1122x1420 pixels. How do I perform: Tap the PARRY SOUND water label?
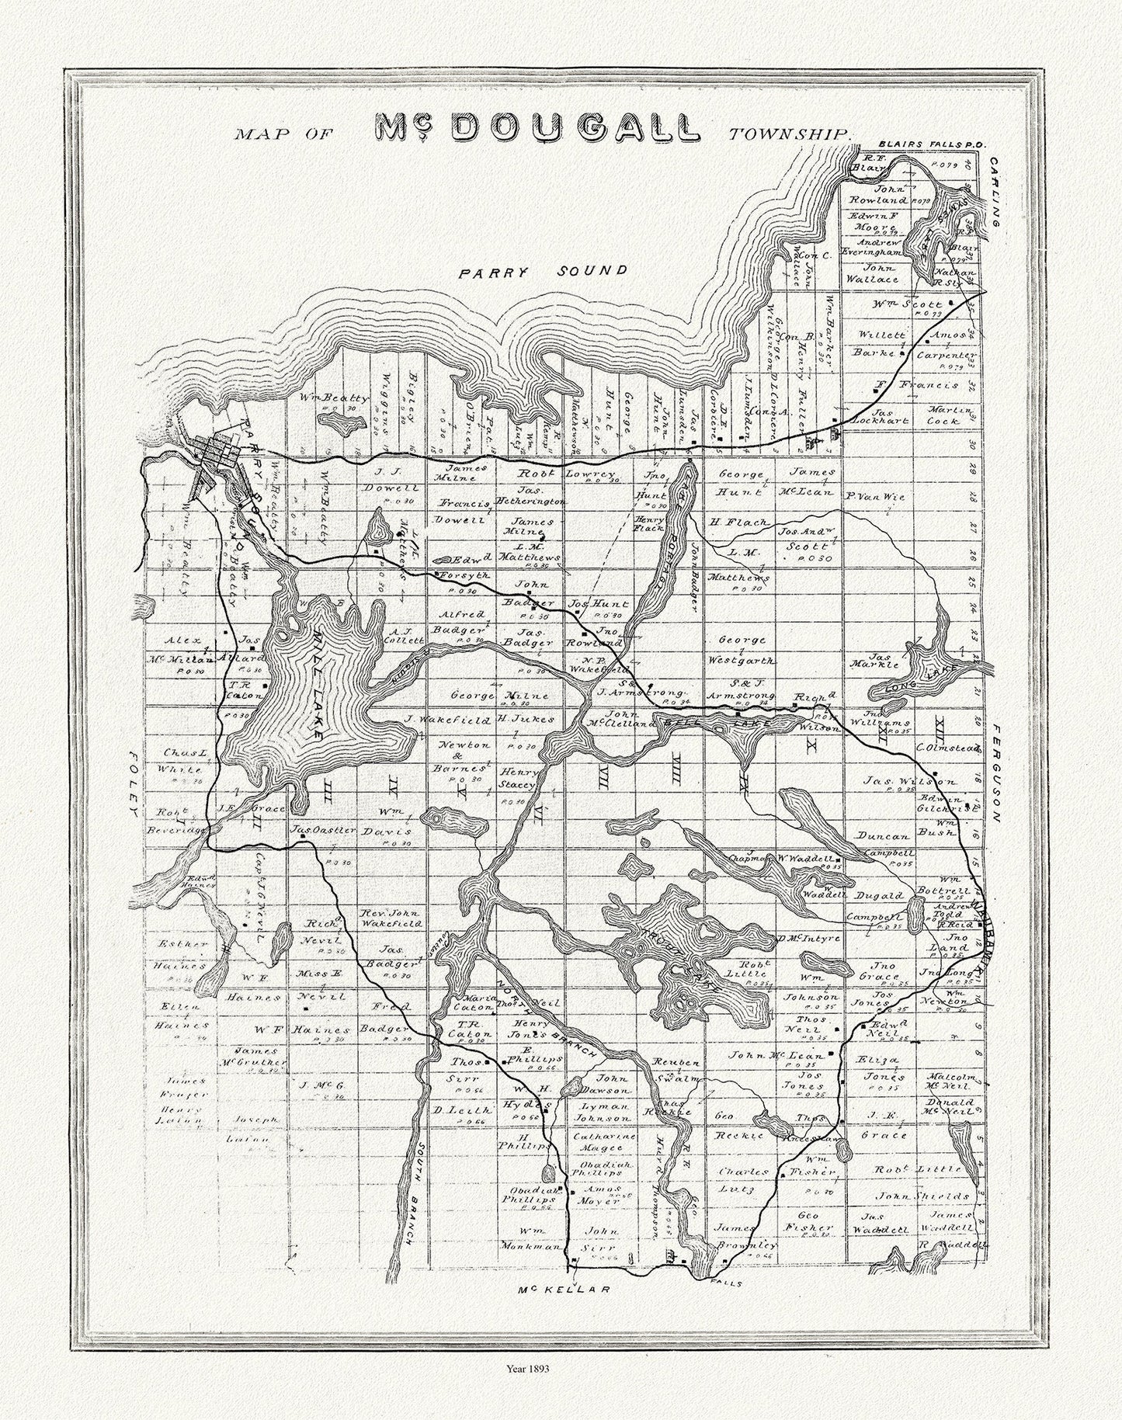(x=541, y=272)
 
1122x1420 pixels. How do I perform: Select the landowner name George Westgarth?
(x=743, y=651)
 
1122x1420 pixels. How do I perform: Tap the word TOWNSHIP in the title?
(x=789, y=134)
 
